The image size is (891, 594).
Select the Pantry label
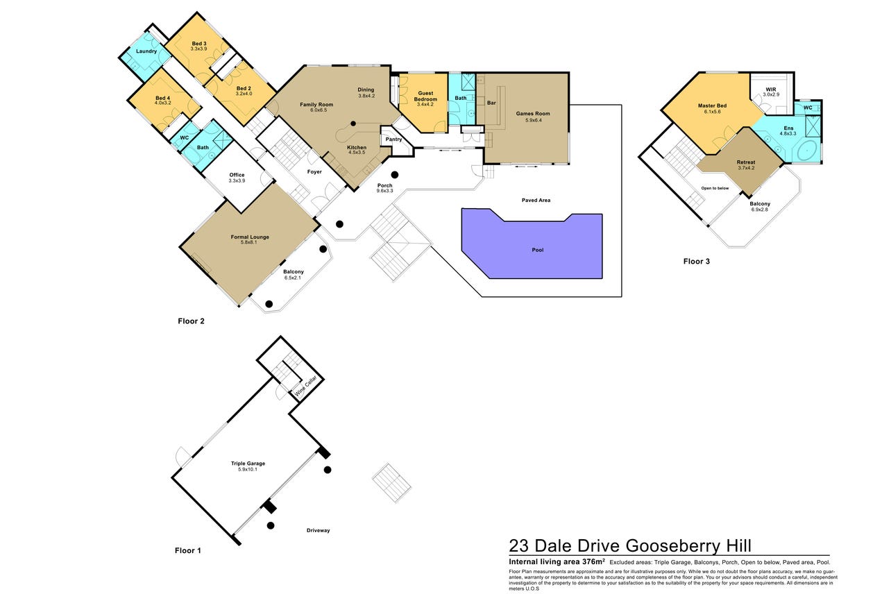click(x=393, y=139)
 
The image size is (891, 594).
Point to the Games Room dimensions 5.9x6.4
click(x=533, y=120)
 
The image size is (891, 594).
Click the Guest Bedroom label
click(x=425, y=96)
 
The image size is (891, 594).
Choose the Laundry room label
click(x=146, y=51)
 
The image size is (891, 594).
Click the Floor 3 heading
click(x=697, y=262)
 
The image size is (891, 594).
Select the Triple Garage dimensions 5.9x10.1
click(x=248, y=470)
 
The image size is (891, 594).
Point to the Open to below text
click(x=715, y=188)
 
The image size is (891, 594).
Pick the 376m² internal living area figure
click(x=593, y=562)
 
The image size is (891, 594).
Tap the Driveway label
click(x=319, y=530)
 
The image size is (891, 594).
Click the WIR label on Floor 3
click(x=771, y=90)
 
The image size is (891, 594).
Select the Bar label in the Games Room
click(x=491, y=103)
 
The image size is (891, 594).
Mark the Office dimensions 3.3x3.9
click(x=237, y=180)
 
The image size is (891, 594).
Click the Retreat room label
click(x=746, y=162)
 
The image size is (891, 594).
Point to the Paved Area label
click(x=536, y=200)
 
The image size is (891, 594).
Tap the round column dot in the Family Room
click(x=353, y=124)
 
